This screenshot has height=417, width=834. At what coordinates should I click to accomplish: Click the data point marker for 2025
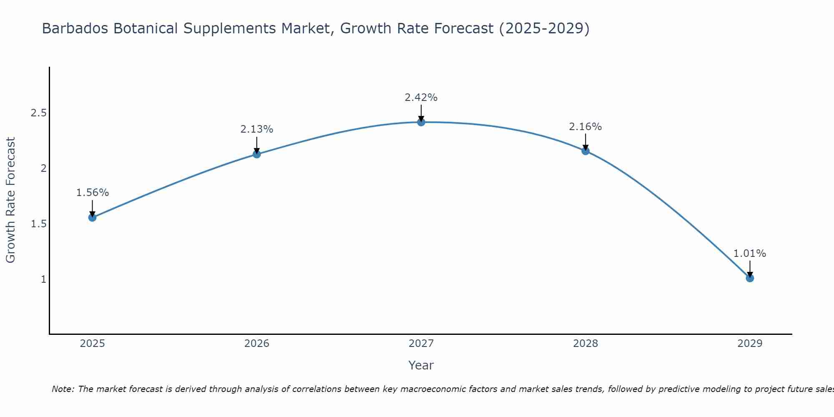[92, 217]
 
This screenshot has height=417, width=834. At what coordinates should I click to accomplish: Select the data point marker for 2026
[256, 154]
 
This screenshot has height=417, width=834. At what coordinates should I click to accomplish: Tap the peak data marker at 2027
[421, 122]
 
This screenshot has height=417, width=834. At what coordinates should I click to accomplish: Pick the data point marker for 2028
[585, 151]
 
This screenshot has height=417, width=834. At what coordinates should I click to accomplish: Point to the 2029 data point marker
[750, 278]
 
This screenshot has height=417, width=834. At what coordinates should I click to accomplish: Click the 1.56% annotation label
[92, 193]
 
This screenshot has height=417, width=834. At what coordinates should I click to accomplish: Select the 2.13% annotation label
[256, 129]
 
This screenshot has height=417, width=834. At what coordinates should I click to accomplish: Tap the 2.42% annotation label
[421, 98]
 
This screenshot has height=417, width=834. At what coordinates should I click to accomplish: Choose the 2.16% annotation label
[585, 127]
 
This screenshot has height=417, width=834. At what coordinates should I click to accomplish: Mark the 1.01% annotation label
[750, 254]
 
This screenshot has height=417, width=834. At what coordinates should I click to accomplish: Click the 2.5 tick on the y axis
[38, 113]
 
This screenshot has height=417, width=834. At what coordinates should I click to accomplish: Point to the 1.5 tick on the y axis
[38, 224]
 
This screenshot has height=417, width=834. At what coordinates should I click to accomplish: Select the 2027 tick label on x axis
[421, 344]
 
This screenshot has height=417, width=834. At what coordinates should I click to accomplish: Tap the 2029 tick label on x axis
[750, 344]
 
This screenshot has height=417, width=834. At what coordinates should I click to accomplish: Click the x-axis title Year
[421, 365]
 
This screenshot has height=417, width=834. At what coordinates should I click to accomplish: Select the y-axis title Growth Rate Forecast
[10, 200]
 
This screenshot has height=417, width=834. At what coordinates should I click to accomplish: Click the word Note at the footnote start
[63, 389]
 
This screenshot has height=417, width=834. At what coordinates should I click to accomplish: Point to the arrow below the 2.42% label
[421, 113]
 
